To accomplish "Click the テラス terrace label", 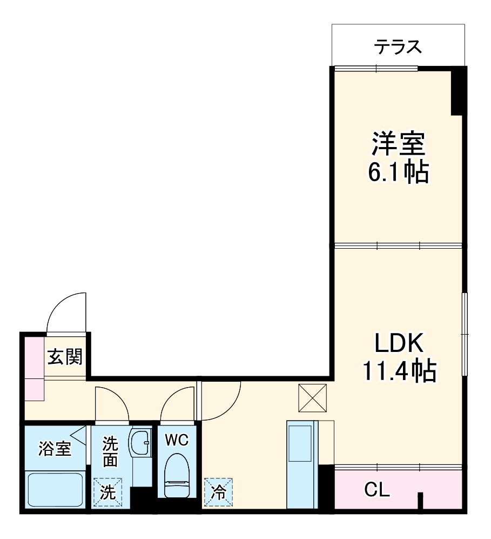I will click(x=398, y=47).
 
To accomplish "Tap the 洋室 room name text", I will click(x=399, y=144).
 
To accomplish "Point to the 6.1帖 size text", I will click(x=399, y=173).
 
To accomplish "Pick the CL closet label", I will click(x=376, y=490).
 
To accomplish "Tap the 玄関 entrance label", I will click(x=65, y=357).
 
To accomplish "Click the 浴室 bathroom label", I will click(x=55, y=448).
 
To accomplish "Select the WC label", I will click(x=176, y=441).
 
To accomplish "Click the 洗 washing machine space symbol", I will click(x=107, y=493).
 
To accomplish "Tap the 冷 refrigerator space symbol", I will click(x=218, y=493).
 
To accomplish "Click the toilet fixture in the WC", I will click(x=176, y=476).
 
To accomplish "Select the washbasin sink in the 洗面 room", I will click(x=141, y=443).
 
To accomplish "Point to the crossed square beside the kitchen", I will click(x=313, y=398).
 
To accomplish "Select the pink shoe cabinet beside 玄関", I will click(x=34, y=368).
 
